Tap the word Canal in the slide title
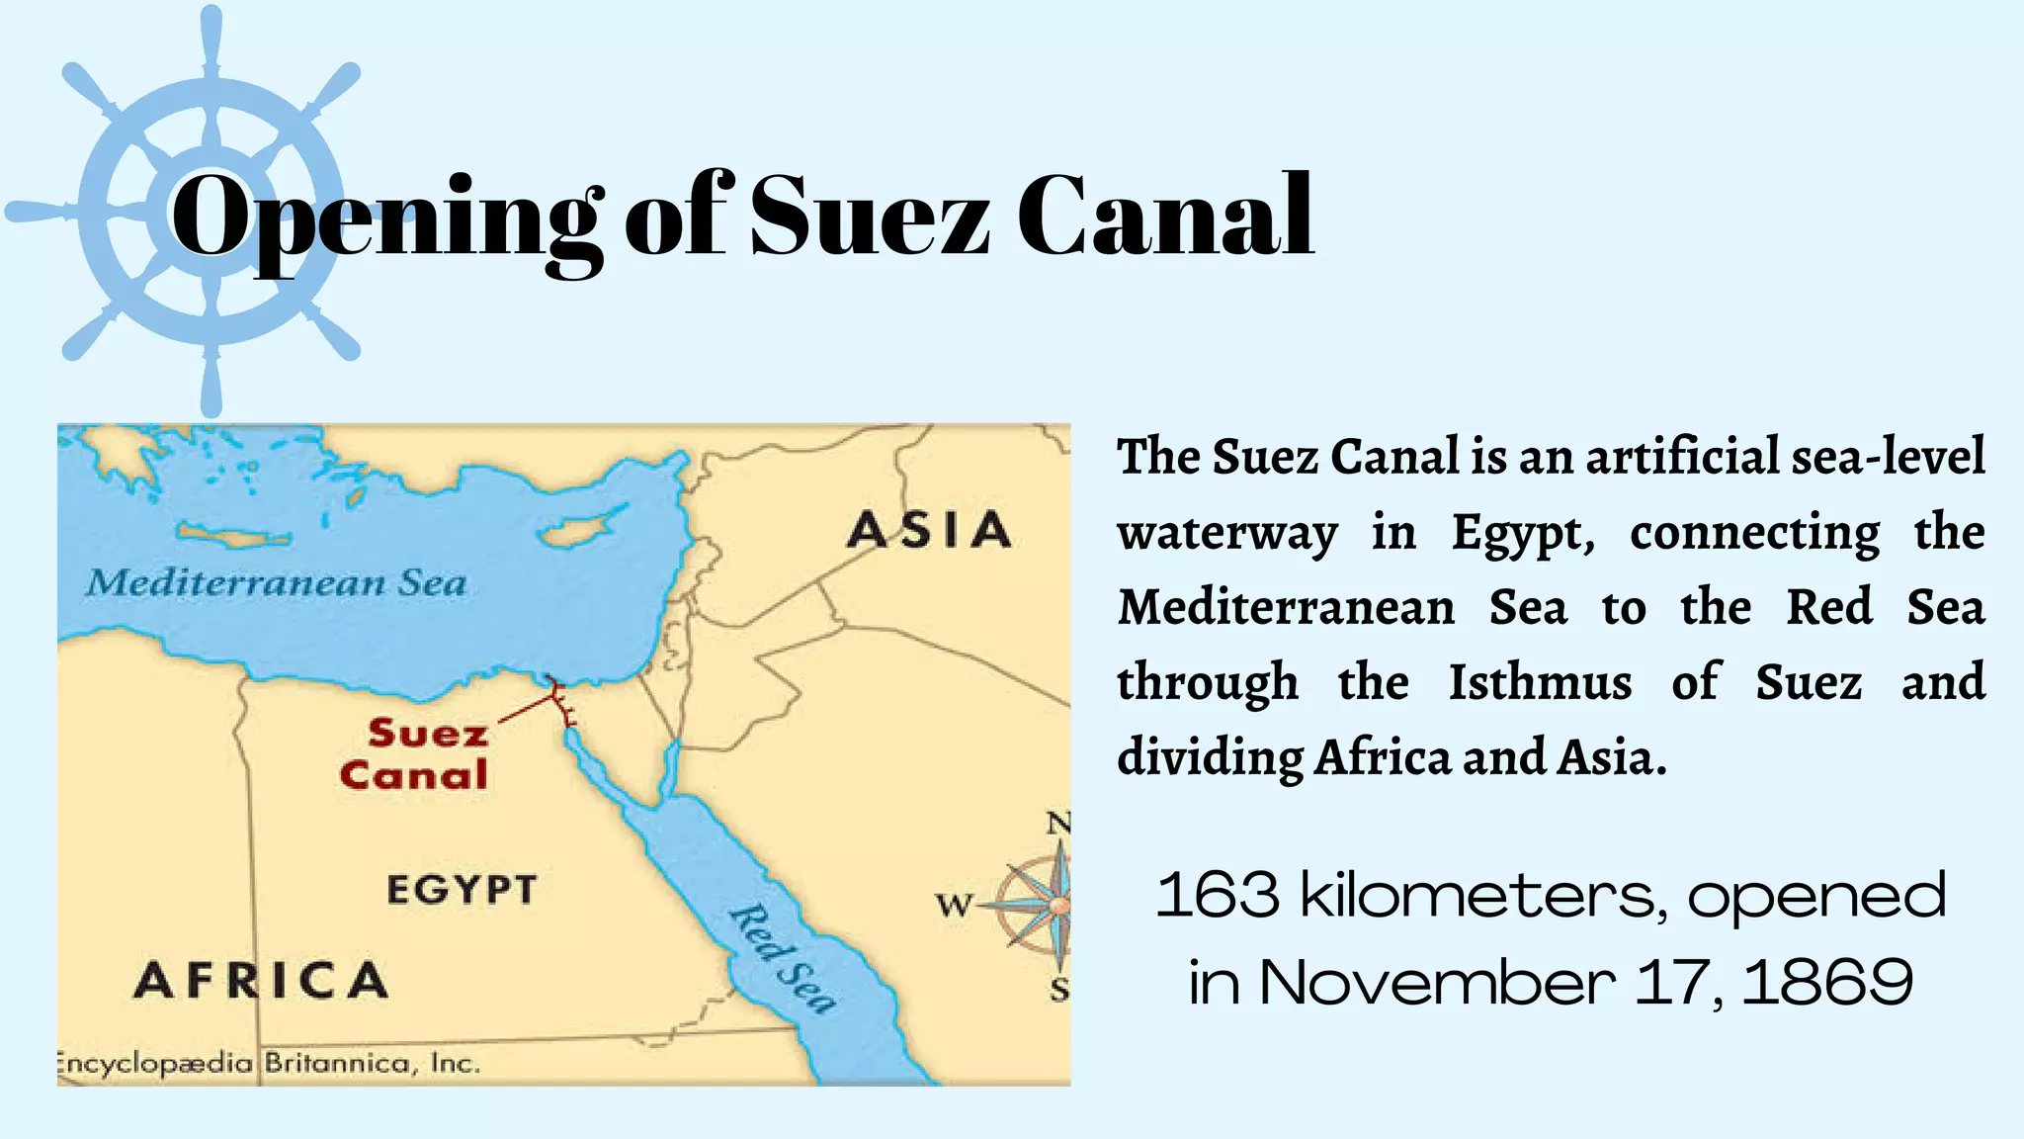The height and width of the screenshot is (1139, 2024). point(1166,216)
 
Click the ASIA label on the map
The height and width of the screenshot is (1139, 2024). point(929,530)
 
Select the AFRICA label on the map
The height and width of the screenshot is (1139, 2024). point(261,980)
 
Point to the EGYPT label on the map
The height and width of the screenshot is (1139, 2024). point(462,890)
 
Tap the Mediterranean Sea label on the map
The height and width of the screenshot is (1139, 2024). point(276,582)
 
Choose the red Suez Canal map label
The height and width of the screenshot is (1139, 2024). point(415,753)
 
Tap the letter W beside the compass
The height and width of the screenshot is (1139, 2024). point(954,904)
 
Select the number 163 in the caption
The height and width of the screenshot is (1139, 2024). point(1218,895)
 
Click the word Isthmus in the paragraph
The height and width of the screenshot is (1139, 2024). point(1540,682)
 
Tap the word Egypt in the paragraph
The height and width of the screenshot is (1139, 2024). point(1523,534)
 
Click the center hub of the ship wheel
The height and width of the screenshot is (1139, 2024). point(211,211)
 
